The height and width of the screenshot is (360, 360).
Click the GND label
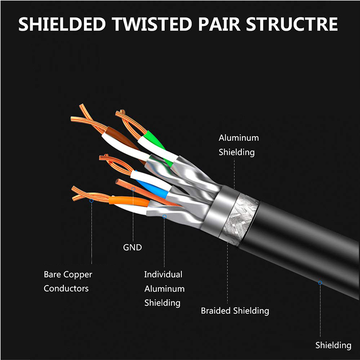(132, 248)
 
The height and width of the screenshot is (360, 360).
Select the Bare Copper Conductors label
(68, 281)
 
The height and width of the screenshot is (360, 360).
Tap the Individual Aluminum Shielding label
(164, 288)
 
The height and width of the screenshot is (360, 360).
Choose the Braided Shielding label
(235, 311)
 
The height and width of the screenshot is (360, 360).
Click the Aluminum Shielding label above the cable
(239, 145)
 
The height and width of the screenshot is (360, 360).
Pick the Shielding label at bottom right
(333, 345)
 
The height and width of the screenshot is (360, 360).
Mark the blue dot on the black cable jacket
(320, 283)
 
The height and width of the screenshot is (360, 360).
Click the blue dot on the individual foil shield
(164, 217)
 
